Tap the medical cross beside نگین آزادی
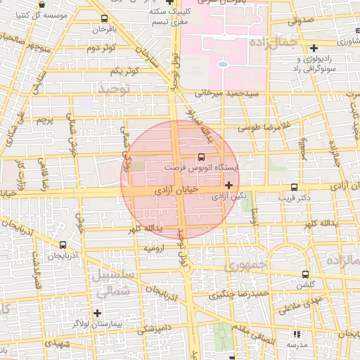228,185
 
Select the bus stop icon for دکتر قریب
294,187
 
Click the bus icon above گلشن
304,274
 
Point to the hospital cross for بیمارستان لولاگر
97,312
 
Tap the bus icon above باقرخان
104,19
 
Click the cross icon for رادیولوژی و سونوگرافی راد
314,49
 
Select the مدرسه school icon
296,334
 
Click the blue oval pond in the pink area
222,65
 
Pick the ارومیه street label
155,248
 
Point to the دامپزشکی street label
152,328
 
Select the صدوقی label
301,22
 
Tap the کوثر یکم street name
123,72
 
